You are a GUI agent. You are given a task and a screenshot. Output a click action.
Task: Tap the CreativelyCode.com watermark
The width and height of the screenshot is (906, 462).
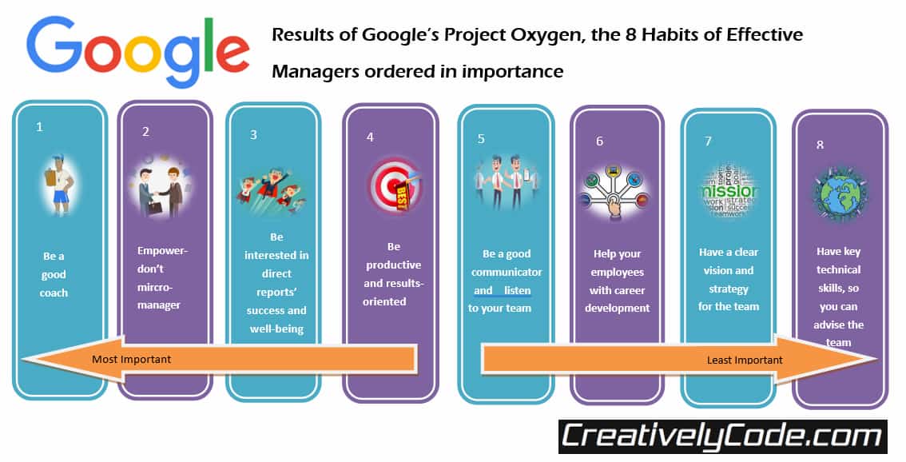(721, 437)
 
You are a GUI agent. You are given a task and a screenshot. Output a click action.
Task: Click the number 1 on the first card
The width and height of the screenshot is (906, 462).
(39, 127)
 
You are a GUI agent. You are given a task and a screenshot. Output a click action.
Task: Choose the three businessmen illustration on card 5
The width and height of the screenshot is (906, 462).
(505, 183)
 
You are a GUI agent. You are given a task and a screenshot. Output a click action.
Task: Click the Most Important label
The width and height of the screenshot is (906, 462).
(131, 359)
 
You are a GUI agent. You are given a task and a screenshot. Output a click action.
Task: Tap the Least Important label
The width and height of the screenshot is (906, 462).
(745, 360)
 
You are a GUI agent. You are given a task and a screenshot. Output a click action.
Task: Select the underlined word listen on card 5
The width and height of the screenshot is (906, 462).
(517, 290)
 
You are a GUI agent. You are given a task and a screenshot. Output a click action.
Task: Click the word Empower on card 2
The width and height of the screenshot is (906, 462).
(162, 249)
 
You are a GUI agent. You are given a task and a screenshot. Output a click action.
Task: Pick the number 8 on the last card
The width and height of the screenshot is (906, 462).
(821, 145)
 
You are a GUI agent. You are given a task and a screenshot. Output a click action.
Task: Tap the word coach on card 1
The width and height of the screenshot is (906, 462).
(54, 293)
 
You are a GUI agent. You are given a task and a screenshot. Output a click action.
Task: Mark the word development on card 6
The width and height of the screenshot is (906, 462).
(617, 308)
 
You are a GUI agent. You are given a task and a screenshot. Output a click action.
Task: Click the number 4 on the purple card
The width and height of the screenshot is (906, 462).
(370, 137)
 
